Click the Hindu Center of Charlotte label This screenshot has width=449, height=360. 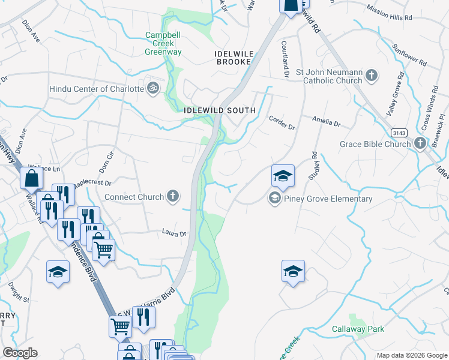click(x=97, y=89)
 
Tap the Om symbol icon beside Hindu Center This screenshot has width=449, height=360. click(x=153, y=89)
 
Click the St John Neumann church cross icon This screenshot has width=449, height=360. click(x=372, y=76)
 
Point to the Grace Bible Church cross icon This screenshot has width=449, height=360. click(x=420, y=143)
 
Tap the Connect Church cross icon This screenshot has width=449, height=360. click(x=172, y=196)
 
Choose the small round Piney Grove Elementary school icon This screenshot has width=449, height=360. click(x=275, y=199)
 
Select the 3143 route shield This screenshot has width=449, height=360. click(x=397, y=132)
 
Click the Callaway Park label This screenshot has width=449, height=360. click(x=358, y=329)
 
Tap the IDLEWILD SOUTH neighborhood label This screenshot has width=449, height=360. click(x=220, y=110)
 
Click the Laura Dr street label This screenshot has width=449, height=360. click(x=173, y=232)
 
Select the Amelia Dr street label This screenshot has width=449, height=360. click(x=326, y=122)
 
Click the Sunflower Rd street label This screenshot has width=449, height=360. click(x=409, y=54)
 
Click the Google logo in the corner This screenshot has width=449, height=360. click(x=20, y=353)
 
